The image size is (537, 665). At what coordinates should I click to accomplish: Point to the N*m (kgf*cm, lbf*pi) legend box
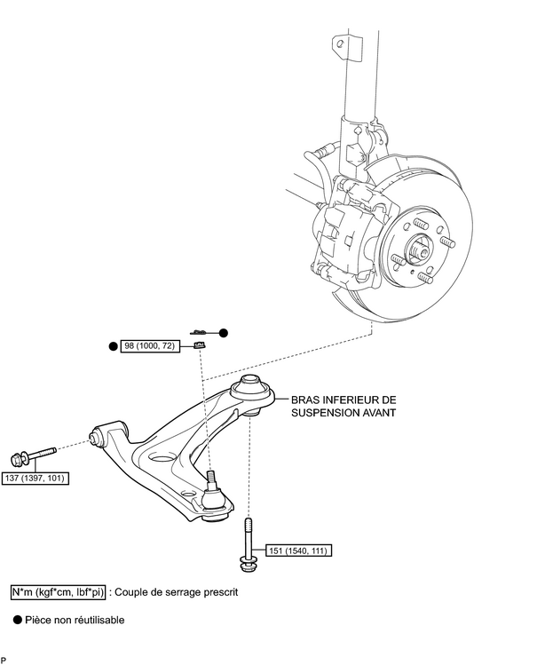click(58, 590)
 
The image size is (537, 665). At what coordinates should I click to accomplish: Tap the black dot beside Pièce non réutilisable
click(17, 620)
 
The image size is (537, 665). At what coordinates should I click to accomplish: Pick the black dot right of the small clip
click(224, 332)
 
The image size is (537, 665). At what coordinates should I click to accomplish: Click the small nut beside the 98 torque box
click(201, 345)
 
